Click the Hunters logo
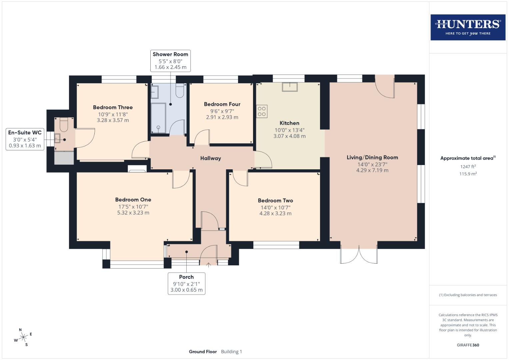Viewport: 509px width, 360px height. pos(468,27)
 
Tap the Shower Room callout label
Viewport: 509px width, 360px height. pos(170,61)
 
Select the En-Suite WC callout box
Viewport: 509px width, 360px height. pos(25,139)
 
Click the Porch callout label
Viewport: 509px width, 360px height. pos(186,283)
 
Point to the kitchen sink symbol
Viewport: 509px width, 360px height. pos(290,87)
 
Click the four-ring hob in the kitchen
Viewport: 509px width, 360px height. pos(262,111)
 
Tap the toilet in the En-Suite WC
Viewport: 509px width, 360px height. pos(64,125)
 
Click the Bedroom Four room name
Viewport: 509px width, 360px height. pos(222,104)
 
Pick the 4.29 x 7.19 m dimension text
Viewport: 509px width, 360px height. pos(372,170)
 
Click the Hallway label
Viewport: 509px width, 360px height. pos(210,158)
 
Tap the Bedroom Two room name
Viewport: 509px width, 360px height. pos(275,200)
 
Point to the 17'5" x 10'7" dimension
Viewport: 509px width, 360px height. pos(133,206)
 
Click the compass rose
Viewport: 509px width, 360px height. pos(23,337)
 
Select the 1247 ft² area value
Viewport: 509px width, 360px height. pos(468,167)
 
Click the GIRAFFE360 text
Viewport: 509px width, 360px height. pos(468,345)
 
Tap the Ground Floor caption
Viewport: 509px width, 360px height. pos(203,352)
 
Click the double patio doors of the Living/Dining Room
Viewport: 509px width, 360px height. pos(359,255)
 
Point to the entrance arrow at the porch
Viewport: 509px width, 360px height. pos(209,265)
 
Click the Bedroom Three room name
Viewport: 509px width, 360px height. pos(113,107)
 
